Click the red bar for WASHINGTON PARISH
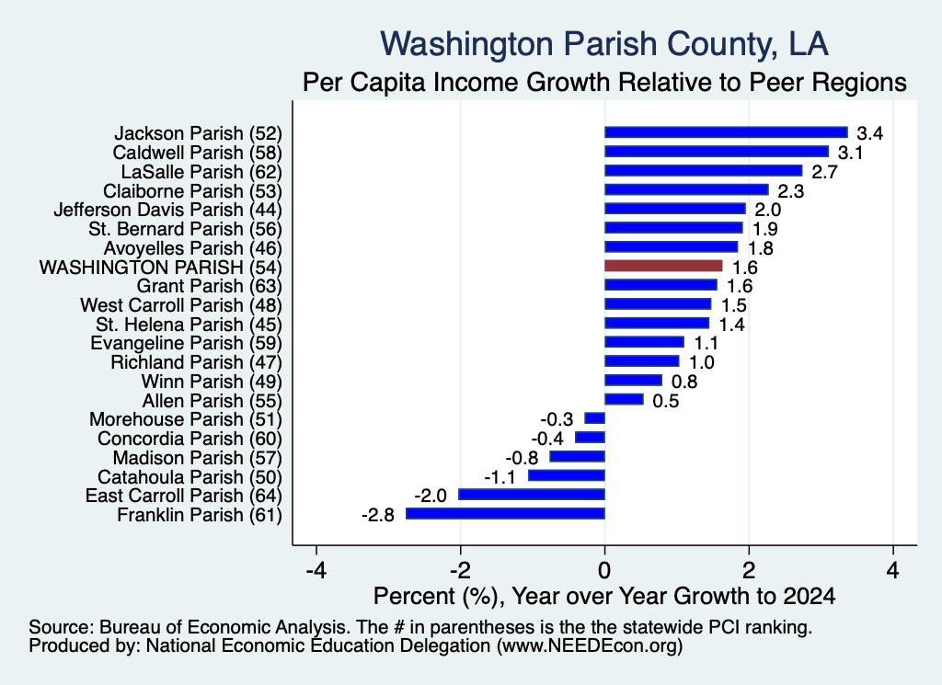(663, 266)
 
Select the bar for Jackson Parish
(726, 132)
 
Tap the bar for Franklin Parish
(505, 513)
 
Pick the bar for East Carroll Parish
(532, 494)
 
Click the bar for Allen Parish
(624, 399)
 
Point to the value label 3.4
(869, 133)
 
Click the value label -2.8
(378, 515)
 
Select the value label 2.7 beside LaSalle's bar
(824, 172)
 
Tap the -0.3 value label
(557, 419)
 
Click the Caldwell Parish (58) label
(197, 153)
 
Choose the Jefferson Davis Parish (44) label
(167, 210)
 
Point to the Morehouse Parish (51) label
(186, 419)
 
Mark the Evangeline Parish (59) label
(186, 343)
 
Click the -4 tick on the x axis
(316, 570)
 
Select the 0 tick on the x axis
(604, 570)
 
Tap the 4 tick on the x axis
(893, 570)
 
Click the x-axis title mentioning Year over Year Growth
(604, 596)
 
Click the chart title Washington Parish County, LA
(604, 44)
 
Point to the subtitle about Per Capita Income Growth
(604, 82)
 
